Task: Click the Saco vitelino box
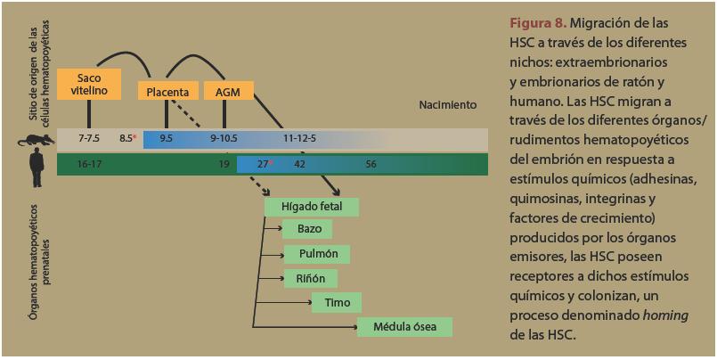(x=88, y=83)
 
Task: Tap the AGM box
(x=228, y=91)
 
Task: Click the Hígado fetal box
(x=312, y=207)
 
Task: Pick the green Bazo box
(x=308, y=230)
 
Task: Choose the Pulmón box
(x=318, y=255)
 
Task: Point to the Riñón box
(x=310, y=279)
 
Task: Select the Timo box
(x=337, y=303)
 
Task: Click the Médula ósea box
(x=404, y=327)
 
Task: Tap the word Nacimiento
(x=447, y=105)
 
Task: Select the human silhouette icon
(x=36, y=164)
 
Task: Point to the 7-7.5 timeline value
(x=89, y=139)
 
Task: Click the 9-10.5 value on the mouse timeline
(x=225, y=139)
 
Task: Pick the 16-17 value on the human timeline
(x=89, y=164)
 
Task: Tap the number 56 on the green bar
(x=371, y=164)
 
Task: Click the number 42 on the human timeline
(x=300, y=164)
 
